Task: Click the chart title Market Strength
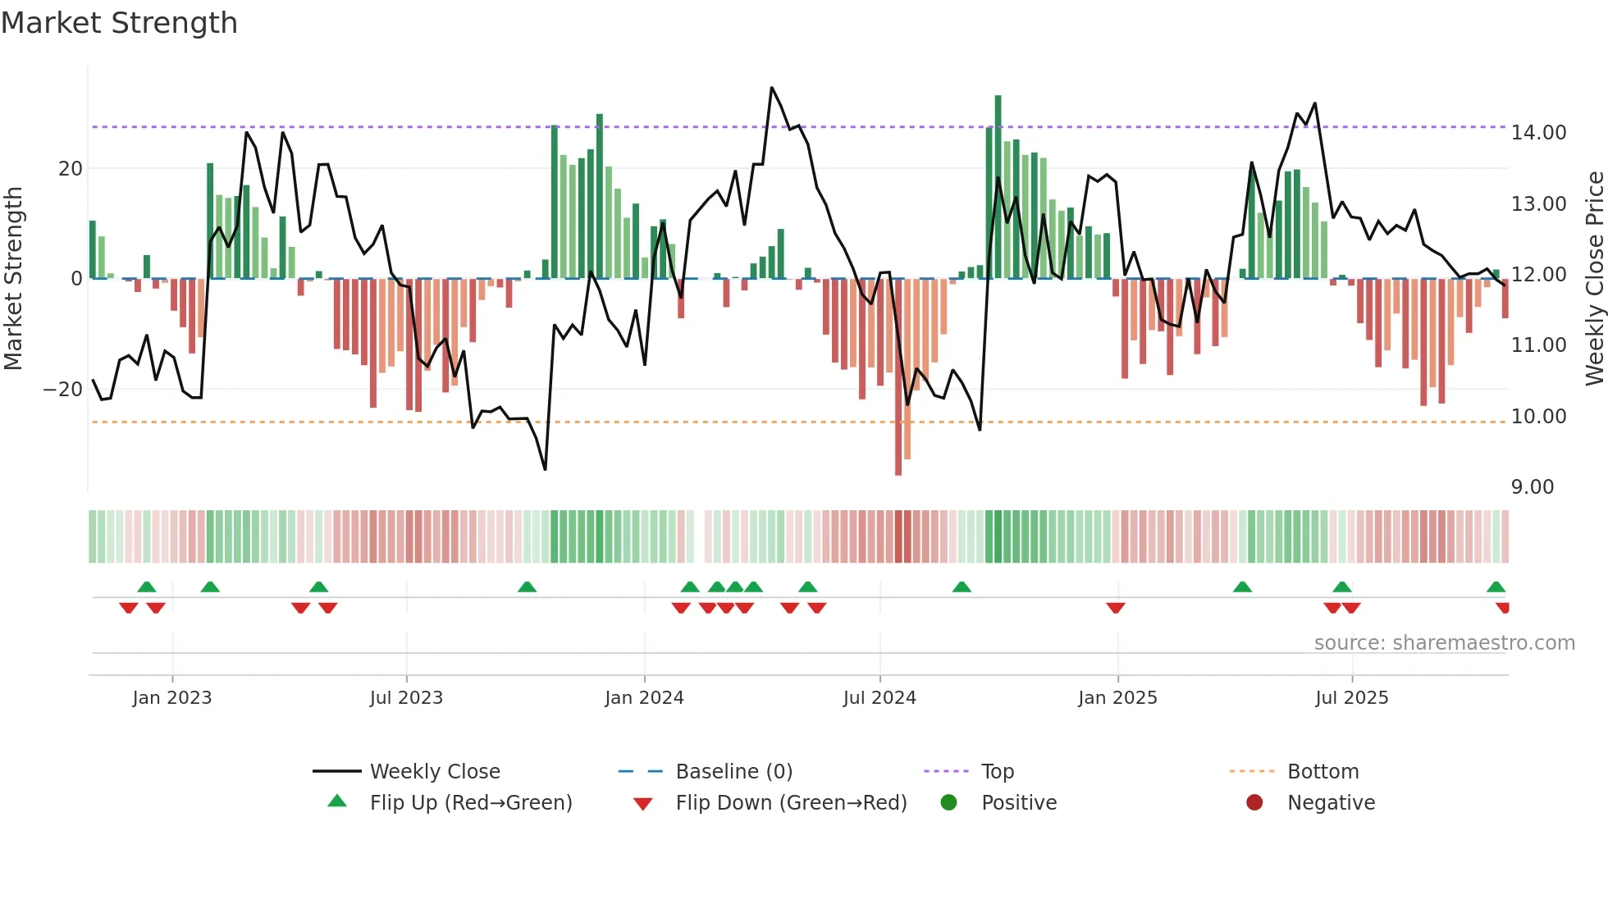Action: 119,23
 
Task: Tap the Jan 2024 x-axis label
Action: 644,698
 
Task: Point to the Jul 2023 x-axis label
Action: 406,698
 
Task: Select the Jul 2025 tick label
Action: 1351,698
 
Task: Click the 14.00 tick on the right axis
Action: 1538,133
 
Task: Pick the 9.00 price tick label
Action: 1532,487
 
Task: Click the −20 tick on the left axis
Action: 63,390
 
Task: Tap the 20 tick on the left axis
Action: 71,169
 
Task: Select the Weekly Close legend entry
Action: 435,772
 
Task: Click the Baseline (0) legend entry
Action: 733,772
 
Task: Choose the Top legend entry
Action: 997,772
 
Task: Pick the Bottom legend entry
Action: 1322,772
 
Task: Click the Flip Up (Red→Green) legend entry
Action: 470,803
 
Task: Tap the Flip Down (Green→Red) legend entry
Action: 791,803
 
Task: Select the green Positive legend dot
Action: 949,802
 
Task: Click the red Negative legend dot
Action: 1254,802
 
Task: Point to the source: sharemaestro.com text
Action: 1444,643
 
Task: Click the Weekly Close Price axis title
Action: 1594,279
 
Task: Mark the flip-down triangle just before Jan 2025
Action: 1115,608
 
